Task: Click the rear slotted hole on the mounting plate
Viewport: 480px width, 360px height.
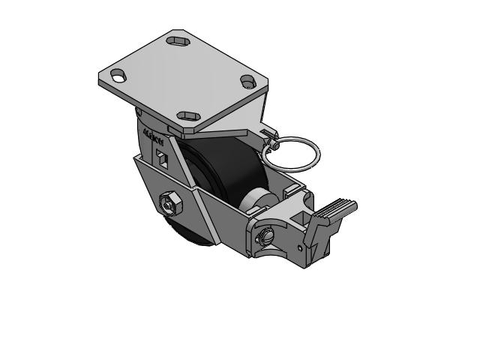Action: click(x=178, y=40)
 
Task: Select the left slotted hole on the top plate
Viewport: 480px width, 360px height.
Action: click(x=118, y=75)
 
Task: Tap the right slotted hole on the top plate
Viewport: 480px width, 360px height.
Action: click(x=248, y=82)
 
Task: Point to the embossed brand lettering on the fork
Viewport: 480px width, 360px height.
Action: click(x=154, y=139)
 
